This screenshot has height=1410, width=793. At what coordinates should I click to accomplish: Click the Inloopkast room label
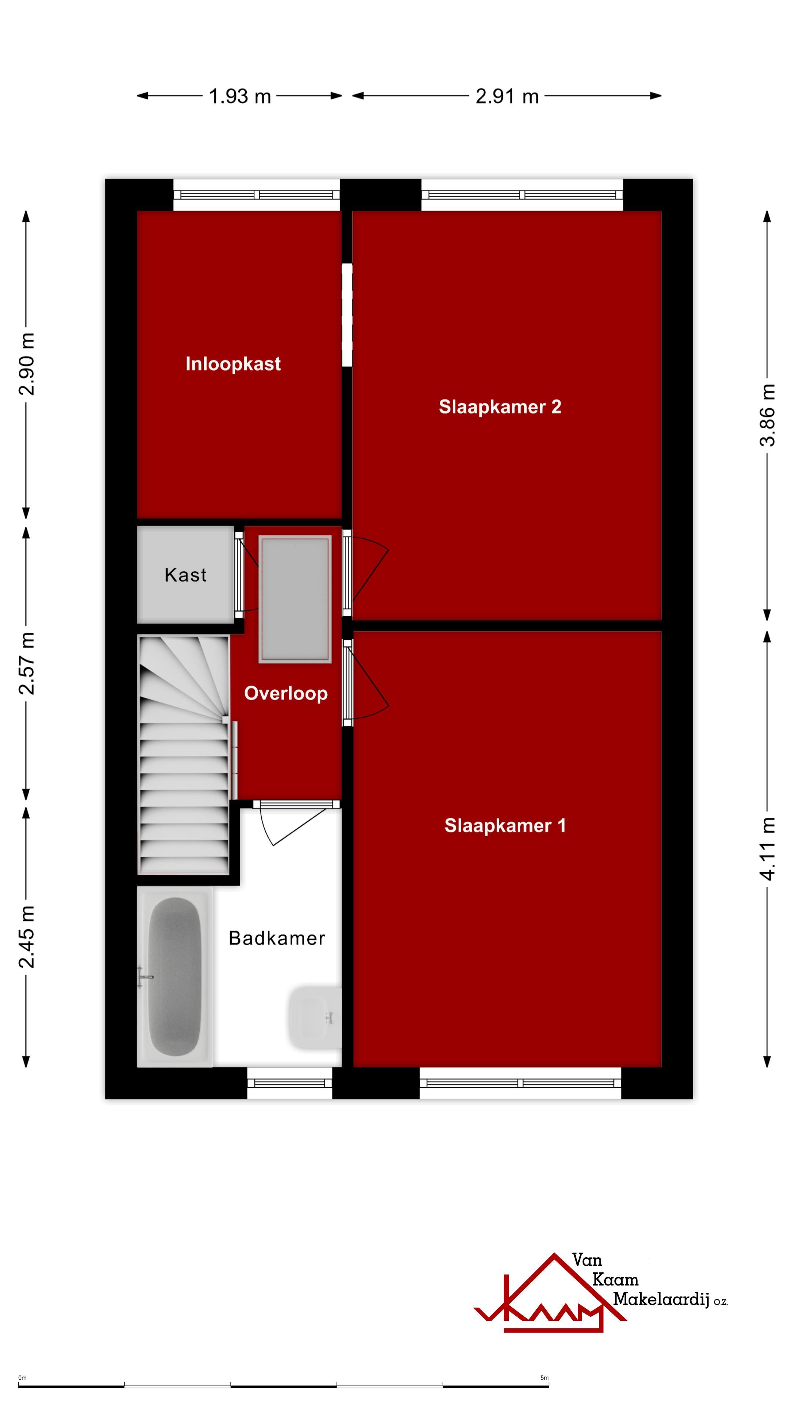[233, 364]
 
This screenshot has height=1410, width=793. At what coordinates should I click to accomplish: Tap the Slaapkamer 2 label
[500, 407]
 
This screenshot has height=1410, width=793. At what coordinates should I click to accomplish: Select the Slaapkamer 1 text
[504, 825]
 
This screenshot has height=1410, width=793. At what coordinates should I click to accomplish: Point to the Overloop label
[286, 694]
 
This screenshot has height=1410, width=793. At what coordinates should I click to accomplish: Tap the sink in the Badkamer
[314, 1018]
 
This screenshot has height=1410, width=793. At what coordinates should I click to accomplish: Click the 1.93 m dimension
[240, 96]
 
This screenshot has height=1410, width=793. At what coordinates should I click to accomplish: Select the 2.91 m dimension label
[507, 96]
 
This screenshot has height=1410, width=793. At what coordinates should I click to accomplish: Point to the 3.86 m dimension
[767, 415]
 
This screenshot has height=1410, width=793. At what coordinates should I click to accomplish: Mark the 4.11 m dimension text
[767, 849]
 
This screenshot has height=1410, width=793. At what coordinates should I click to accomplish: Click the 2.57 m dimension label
[27, 663]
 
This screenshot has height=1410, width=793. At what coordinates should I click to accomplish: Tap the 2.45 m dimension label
[27, 937]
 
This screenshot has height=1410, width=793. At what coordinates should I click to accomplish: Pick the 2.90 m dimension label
[27, 364]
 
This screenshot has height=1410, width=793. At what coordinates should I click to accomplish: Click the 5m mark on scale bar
[544, 1378]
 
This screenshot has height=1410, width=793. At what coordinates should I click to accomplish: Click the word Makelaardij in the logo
[660, 1298]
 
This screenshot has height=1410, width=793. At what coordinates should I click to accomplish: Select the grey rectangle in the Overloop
[295, 599]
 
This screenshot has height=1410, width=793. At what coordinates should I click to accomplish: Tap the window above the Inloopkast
[257, 195]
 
